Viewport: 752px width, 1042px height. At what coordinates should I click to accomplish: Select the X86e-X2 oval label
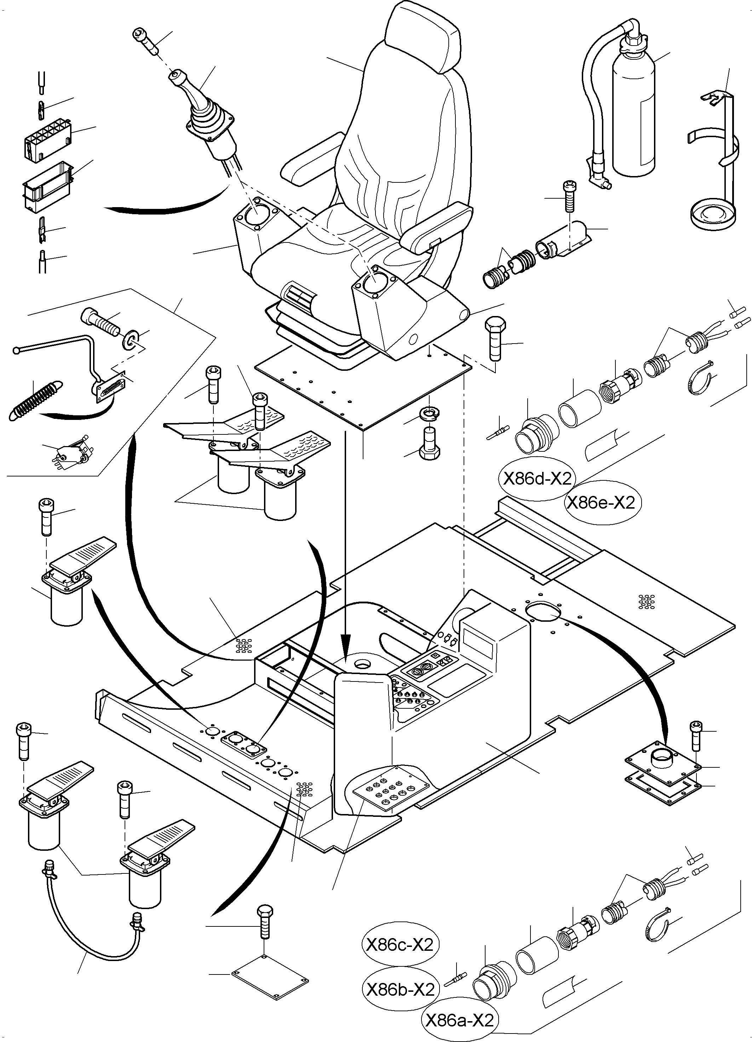pyautogui.click(x=601, y=503)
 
